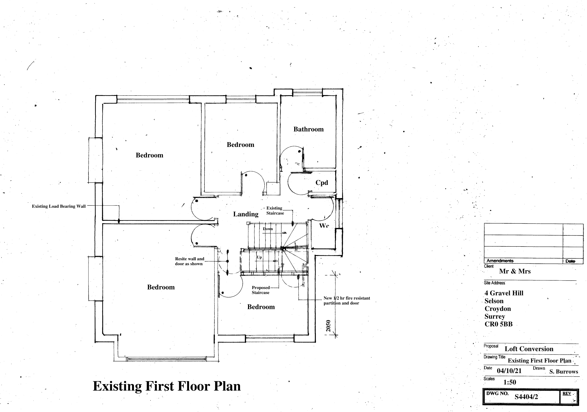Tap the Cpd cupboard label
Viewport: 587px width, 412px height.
[322, 183]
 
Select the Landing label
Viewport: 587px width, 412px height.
[246, 214]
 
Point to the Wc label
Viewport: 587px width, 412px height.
[324, 226]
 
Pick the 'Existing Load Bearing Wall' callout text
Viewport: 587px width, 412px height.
[59, 206]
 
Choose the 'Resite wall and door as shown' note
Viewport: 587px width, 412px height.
[189, 261]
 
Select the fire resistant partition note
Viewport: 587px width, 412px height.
[347, 300]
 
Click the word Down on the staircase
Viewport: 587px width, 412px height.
[268, 229]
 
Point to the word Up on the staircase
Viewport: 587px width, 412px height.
[259, 257]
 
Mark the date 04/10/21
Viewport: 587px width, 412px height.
[509, 371]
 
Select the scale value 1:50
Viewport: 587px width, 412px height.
[510, 382]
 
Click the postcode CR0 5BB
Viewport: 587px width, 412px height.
[499, 324]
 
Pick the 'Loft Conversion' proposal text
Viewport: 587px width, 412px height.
[529, 349]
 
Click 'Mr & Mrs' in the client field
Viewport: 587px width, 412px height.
[515, 271]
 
